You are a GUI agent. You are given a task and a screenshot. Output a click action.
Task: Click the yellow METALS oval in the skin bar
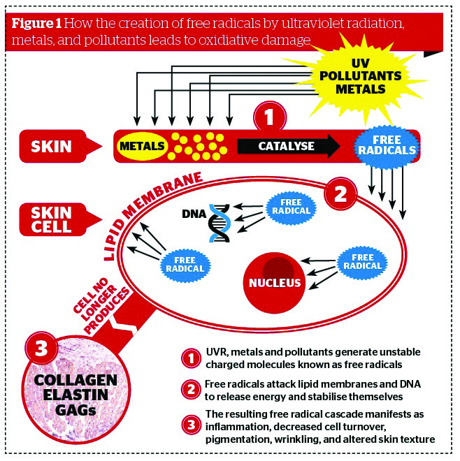click(x=141, y=146)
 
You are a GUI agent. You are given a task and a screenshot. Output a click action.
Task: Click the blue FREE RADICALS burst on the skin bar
click(x=386, y=145)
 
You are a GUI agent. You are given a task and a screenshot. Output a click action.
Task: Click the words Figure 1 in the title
click(x=39, y=22)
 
